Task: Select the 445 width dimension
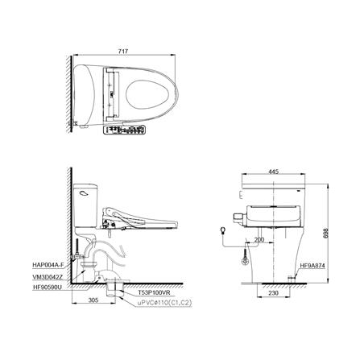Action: coord(275,171)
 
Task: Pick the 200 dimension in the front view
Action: coord(259,239)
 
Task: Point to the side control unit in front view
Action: coord(236,217)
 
